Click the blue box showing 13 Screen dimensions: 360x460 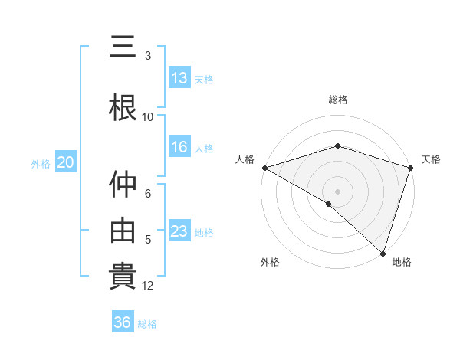click(x=179, y=77)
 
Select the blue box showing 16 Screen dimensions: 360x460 click(x=179, y=147)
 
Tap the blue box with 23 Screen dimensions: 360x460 click(x=179, y=231)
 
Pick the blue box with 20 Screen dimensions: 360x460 click(x=65, y=162)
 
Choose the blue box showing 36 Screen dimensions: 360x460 click(x=123, y=322)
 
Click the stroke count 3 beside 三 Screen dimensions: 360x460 click(x=148, y=56)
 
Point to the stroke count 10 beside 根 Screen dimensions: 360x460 click(x=148, y=117)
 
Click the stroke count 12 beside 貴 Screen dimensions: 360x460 click(x=148, y=286)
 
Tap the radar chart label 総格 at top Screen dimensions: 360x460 click(x=337, y=100)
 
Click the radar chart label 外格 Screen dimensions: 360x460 click(x=270, y=262)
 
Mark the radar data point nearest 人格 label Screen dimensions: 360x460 click(x=264, y=168)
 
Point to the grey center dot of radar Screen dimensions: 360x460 click(x=337, y=191)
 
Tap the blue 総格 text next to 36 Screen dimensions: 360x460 click(x=147, y=324)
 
